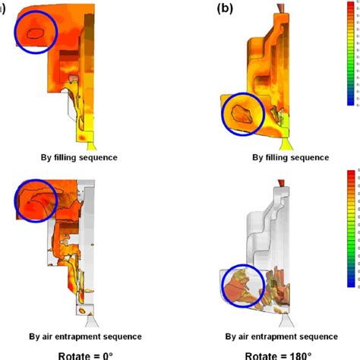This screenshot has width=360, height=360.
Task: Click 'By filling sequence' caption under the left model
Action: point(79,158)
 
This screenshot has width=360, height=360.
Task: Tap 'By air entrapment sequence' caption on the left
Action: point(79,335)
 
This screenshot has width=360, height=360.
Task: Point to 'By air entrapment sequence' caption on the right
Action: point(283,335)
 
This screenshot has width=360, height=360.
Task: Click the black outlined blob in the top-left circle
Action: point(36,32)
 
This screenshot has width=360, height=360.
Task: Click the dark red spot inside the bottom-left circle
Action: point(30,204)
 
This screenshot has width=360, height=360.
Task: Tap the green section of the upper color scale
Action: point(351,76)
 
